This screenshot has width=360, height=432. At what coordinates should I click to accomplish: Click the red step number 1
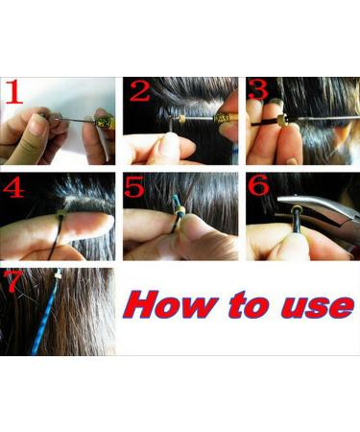tap(12, 92)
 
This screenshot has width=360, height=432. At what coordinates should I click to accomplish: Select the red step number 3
tap(258, 92)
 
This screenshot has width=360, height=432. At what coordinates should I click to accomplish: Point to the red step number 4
tap(13, 187)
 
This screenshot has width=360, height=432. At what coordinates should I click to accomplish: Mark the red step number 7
tap(12, 282)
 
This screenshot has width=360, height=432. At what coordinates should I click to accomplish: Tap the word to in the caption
tap(245, 306)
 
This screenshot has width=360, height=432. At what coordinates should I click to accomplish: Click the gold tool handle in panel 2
tap(227, 116)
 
